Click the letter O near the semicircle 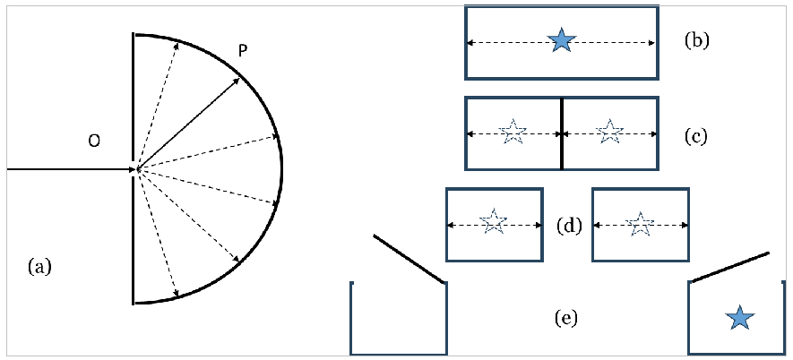[x=94, y=141]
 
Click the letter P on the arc [x=243, y=53]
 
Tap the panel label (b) [x=696, y=40]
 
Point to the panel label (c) [x=695, y=136]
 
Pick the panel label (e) [x=565, y=317]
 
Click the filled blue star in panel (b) [x=561, y=40]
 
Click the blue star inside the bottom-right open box [x=739, y=317]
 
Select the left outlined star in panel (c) [x=513, y=133]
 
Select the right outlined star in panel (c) [x=609, y=133]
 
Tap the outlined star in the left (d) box [x=493, y=223]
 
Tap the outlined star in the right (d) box [x=639, y=224]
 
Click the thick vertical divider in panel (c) [x=562, y=133]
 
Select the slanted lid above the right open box [x=729, y=267]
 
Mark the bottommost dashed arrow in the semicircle [x=158, y=233]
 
